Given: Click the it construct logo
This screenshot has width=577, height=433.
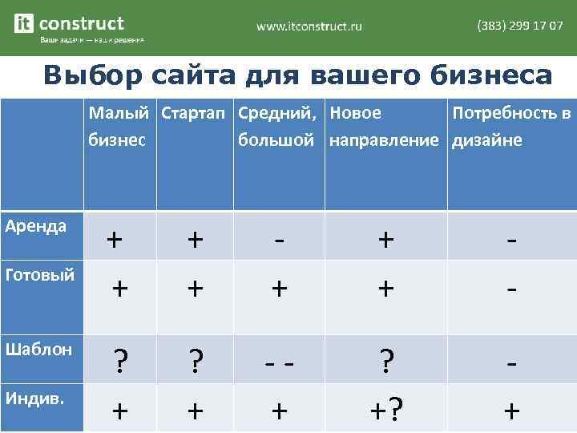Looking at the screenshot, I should coord(70,24).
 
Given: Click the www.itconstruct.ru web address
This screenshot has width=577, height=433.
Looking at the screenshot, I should coord(309,26).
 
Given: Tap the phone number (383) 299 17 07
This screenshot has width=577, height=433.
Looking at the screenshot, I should coord(520,26).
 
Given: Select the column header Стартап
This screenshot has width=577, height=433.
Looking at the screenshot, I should coord(195,114).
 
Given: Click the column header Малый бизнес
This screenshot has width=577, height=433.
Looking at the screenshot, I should coord(122,127).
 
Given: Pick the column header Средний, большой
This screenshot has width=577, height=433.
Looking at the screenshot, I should coord(278,127).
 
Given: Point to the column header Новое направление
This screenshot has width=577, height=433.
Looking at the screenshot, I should coord(384,127).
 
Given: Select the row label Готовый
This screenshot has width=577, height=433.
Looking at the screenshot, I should coord(39,275).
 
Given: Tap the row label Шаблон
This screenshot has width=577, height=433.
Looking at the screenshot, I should coord(38,349).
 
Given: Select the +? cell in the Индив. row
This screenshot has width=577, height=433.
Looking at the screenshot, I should coord(385,412).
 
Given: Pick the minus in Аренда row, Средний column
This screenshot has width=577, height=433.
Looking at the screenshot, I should coord(278,239).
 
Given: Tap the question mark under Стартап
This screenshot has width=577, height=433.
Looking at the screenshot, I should coord(195,362).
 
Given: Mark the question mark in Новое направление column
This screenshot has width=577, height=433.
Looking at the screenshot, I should coord(385,362).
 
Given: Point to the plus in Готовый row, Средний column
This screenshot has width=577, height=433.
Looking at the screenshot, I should coord(278,288).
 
